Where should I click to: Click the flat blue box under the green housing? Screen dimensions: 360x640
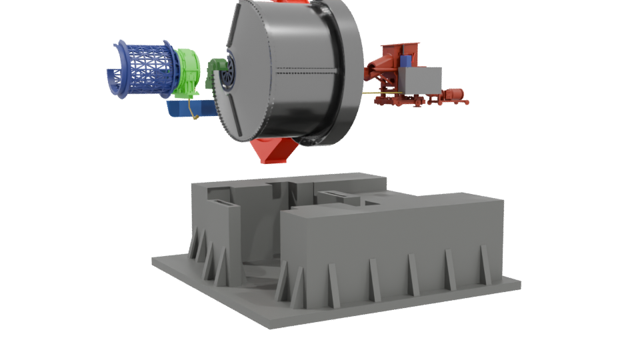(x=190, y=109)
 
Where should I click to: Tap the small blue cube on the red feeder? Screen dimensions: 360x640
(x=406, y=61)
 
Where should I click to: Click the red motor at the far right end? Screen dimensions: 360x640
(x=457, y=95)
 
